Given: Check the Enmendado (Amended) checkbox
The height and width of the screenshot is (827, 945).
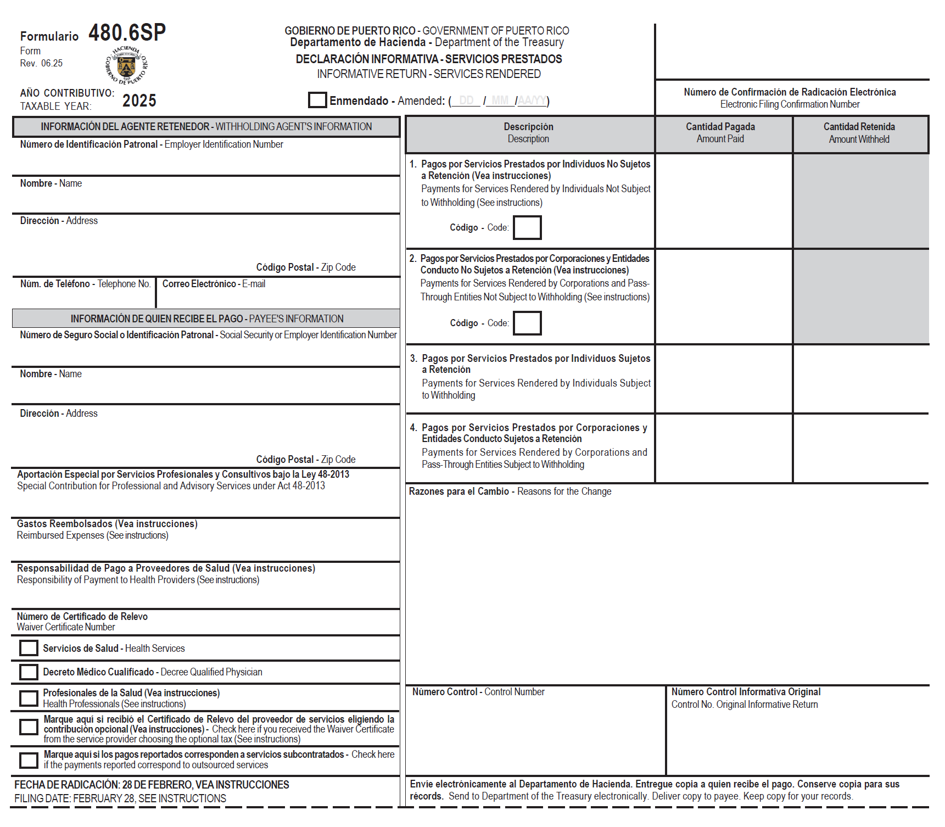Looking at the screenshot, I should [317, 100].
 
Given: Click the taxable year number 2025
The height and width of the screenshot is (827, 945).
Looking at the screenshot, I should [139, 100].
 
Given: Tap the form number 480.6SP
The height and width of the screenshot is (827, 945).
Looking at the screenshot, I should [127, 33].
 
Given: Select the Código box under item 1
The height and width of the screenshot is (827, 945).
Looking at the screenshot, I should [527, 227].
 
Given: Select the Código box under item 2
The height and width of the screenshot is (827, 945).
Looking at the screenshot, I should [527, 323].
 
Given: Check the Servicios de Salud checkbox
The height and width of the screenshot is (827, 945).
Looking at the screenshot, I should [29, 648].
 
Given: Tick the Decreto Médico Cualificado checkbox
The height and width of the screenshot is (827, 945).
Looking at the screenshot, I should [29, 672].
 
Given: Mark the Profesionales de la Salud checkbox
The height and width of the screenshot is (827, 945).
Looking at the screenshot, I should [29, 698].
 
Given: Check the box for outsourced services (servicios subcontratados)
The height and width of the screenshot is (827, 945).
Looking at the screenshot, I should [29, 760].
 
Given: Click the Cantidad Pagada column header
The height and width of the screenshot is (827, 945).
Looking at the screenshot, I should [720, 132].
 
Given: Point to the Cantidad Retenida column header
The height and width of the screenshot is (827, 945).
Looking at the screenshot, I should [859, 132].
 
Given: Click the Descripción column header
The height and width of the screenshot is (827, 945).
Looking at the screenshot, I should [528, 132].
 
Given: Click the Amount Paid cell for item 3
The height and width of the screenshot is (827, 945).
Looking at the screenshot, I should [724, 379].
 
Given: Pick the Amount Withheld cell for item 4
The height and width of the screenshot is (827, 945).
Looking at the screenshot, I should [860, 448].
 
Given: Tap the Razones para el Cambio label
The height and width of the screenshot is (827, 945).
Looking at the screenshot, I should [510, 491].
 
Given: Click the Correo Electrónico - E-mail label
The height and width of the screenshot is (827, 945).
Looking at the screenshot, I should [214, 284].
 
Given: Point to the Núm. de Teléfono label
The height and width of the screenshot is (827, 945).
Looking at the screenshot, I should [85, 284].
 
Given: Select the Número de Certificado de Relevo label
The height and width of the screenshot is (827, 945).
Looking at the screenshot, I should [82, 622].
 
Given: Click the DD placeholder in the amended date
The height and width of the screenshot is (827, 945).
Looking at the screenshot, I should [466, 100].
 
